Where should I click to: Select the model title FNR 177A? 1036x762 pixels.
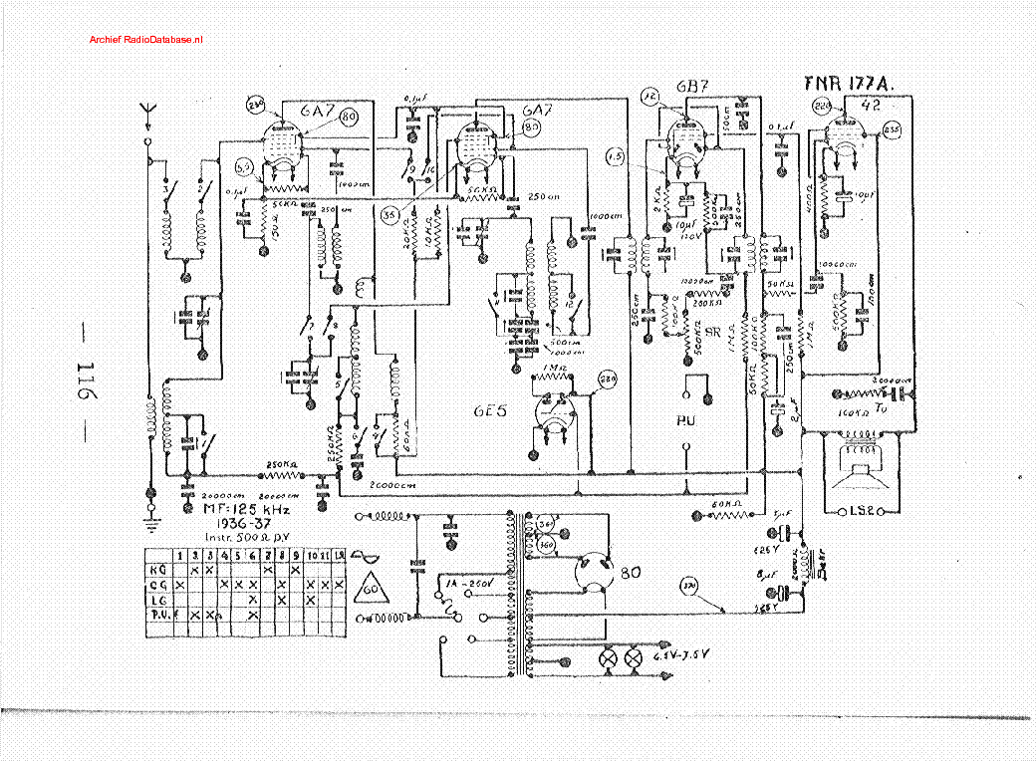tap(845, 84)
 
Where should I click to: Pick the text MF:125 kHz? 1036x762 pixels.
tap(244, 510)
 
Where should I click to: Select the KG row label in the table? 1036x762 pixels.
tap(156, 570)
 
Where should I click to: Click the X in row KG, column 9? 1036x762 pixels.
tap(296, 570)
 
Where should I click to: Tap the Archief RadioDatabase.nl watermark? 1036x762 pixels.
tap(145, 39)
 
